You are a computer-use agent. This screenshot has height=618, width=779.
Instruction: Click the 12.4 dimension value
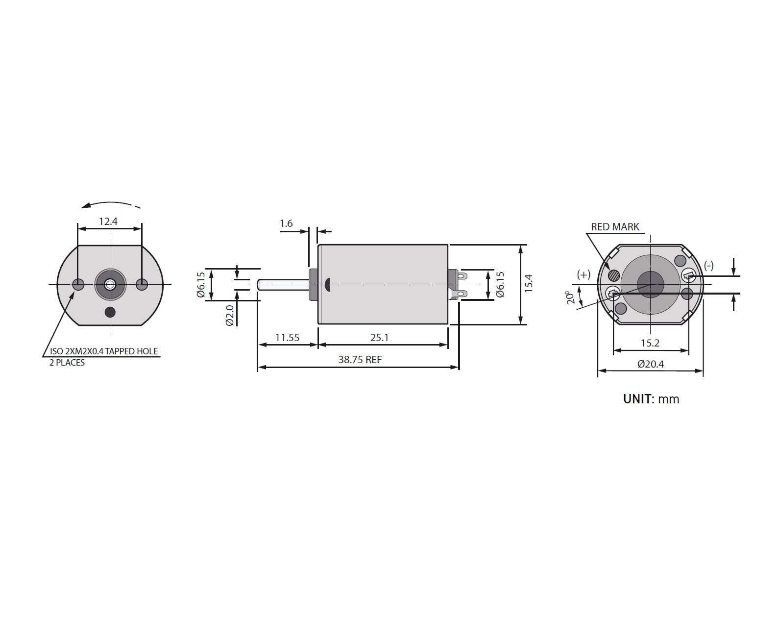tap(108, 221)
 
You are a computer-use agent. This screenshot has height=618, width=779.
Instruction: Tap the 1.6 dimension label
tap(286, 223)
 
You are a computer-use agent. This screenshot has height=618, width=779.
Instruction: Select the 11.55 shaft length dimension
tap(288, 337)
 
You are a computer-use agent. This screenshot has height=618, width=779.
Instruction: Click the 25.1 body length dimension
tap(379, 337)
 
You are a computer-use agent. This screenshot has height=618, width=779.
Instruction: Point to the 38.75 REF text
tap(360, 360)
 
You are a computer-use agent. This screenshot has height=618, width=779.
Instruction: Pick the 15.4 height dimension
tap(529, 283)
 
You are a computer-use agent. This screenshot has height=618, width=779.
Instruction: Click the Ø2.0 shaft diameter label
tap(230, 315)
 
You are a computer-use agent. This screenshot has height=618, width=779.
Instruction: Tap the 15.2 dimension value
tap(650, 343)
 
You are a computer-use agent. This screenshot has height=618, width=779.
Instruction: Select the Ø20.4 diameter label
tap(651, 364)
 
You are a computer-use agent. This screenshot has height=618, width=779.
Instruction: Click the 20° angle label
tap(570, 297)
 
